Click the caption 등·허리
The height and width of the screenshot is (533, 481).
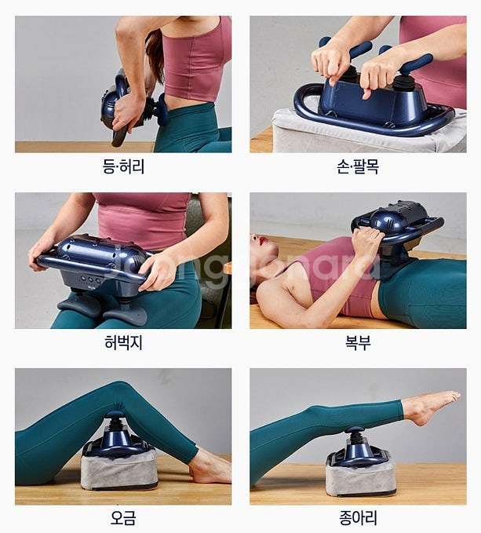[x=123, y=166]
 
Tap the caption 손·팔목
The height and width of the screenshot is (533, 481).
[x=358, y=166]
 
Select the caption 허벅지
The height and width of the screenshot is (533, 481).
[x=123, y=342]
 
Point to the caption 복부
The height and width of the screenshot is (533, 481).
[x=358, y=342]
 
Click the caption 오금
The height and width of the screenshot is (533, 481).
[x=123, y=518]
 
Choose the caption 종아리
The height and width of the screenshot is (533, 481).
[x=358, y=518]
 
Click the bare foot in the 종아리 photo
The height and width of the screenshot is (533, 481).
[x=431, y=407]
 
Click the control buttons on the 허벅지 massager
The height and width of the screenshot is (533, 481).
[x=90, y=280]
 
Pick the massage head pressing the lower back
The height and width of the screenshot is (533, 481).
[x=162, y=109]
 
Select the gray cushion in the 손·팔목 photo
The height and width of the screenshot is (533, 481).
[x=367, y=132]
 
